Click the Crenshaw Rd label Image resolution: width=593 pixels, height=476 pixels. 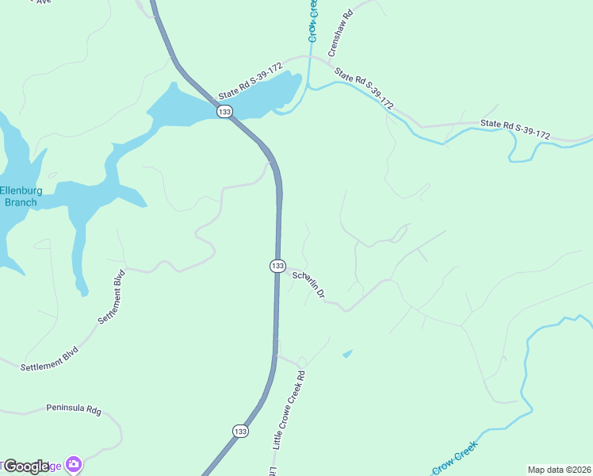tap(340, 33)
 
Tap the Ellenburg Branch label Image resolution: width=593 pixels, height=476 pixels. tap(18, 196)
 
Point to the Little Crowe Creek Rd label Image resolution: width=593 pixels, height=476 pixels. tap(289, 409)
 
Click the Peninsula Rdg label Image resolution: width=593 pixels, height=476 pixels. tap(74, 410)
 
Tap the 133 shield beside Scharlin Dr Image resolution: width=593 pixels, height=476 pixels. tap(277, 266)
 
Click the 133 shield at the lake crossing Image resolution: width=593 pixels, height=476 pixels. tap(224, 112)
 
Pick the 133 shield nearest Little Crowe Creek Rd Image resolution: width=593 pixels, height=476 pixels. tap(240, 430)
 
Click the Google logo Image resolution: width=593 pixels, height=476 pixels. tap(26, 466)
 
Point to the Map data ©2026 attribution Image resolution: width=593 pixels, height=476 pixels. tap(559, 470)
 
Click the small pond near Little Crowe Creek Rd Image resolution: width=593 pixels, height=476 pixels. tap(347, 353)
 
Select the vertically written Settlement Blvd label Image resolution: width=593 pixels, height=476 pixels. tap(112, 297)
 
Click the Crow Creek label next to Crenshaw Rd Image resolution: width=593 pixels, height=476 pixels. tap(313, 21)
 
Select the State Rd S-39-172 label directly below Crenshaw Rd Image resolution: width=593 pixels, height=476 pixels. tap(364, 88)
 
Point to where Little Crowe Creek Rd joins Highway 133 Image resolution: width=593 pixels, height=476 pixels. tap(277, 356)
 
